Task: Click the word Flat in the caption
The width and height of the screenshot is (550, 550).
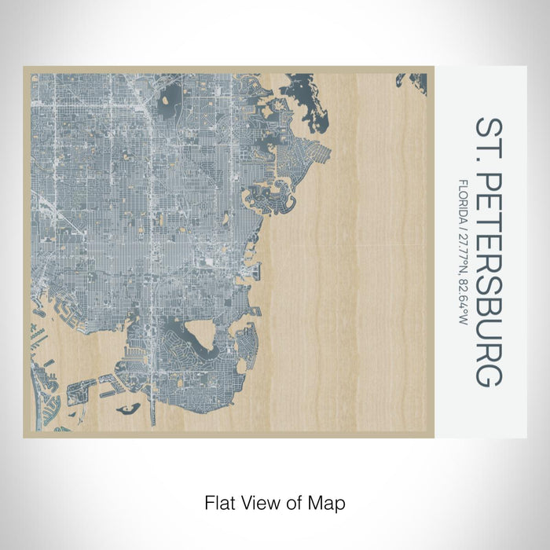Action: pos(219,502)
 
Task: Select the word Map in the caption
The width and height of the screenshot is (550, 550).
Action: pos(329,502)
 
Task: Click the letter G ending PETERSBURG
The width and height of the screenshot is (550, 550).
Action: pos(488,374)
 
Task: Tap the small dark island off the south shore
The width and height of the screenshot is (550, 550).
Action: pos(130,409)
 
